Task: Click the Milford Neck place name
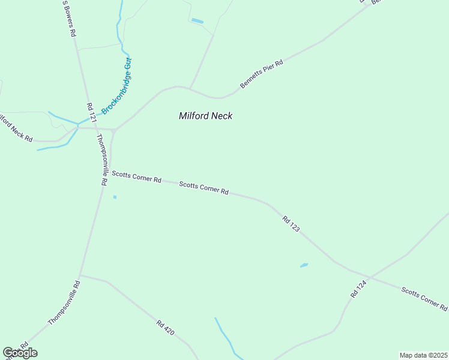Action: click(205, 116)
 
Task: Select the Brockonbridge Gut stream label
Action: click(117, 86)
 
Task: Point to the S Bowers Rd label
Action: click(69, 19)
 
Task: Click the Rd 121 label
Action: click(91, 113)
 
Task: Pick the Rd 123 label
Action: click(291, 224)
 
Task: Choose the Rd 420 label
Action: click(165, 327)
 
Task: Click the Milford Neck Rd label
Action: click(16, 128)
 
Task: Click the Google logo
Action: click(20, 353)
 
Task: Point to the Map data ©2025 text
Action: click(423, 355)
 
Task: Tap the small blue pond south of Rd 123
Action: click(304, 265)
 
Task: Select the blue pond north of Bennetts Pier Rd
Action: click(197, 22)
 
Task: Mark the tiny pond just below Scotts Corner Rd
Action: click(115, 197)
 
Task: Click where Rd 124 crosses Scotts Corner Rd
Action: click(370, 277)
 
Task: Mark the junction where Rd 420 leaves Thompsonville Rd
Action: click(80, 275)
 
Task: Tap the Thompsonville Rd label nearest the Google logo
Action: click(64, 303)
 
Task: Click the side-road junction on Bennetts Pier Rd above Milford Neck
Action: click(190, 88)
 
